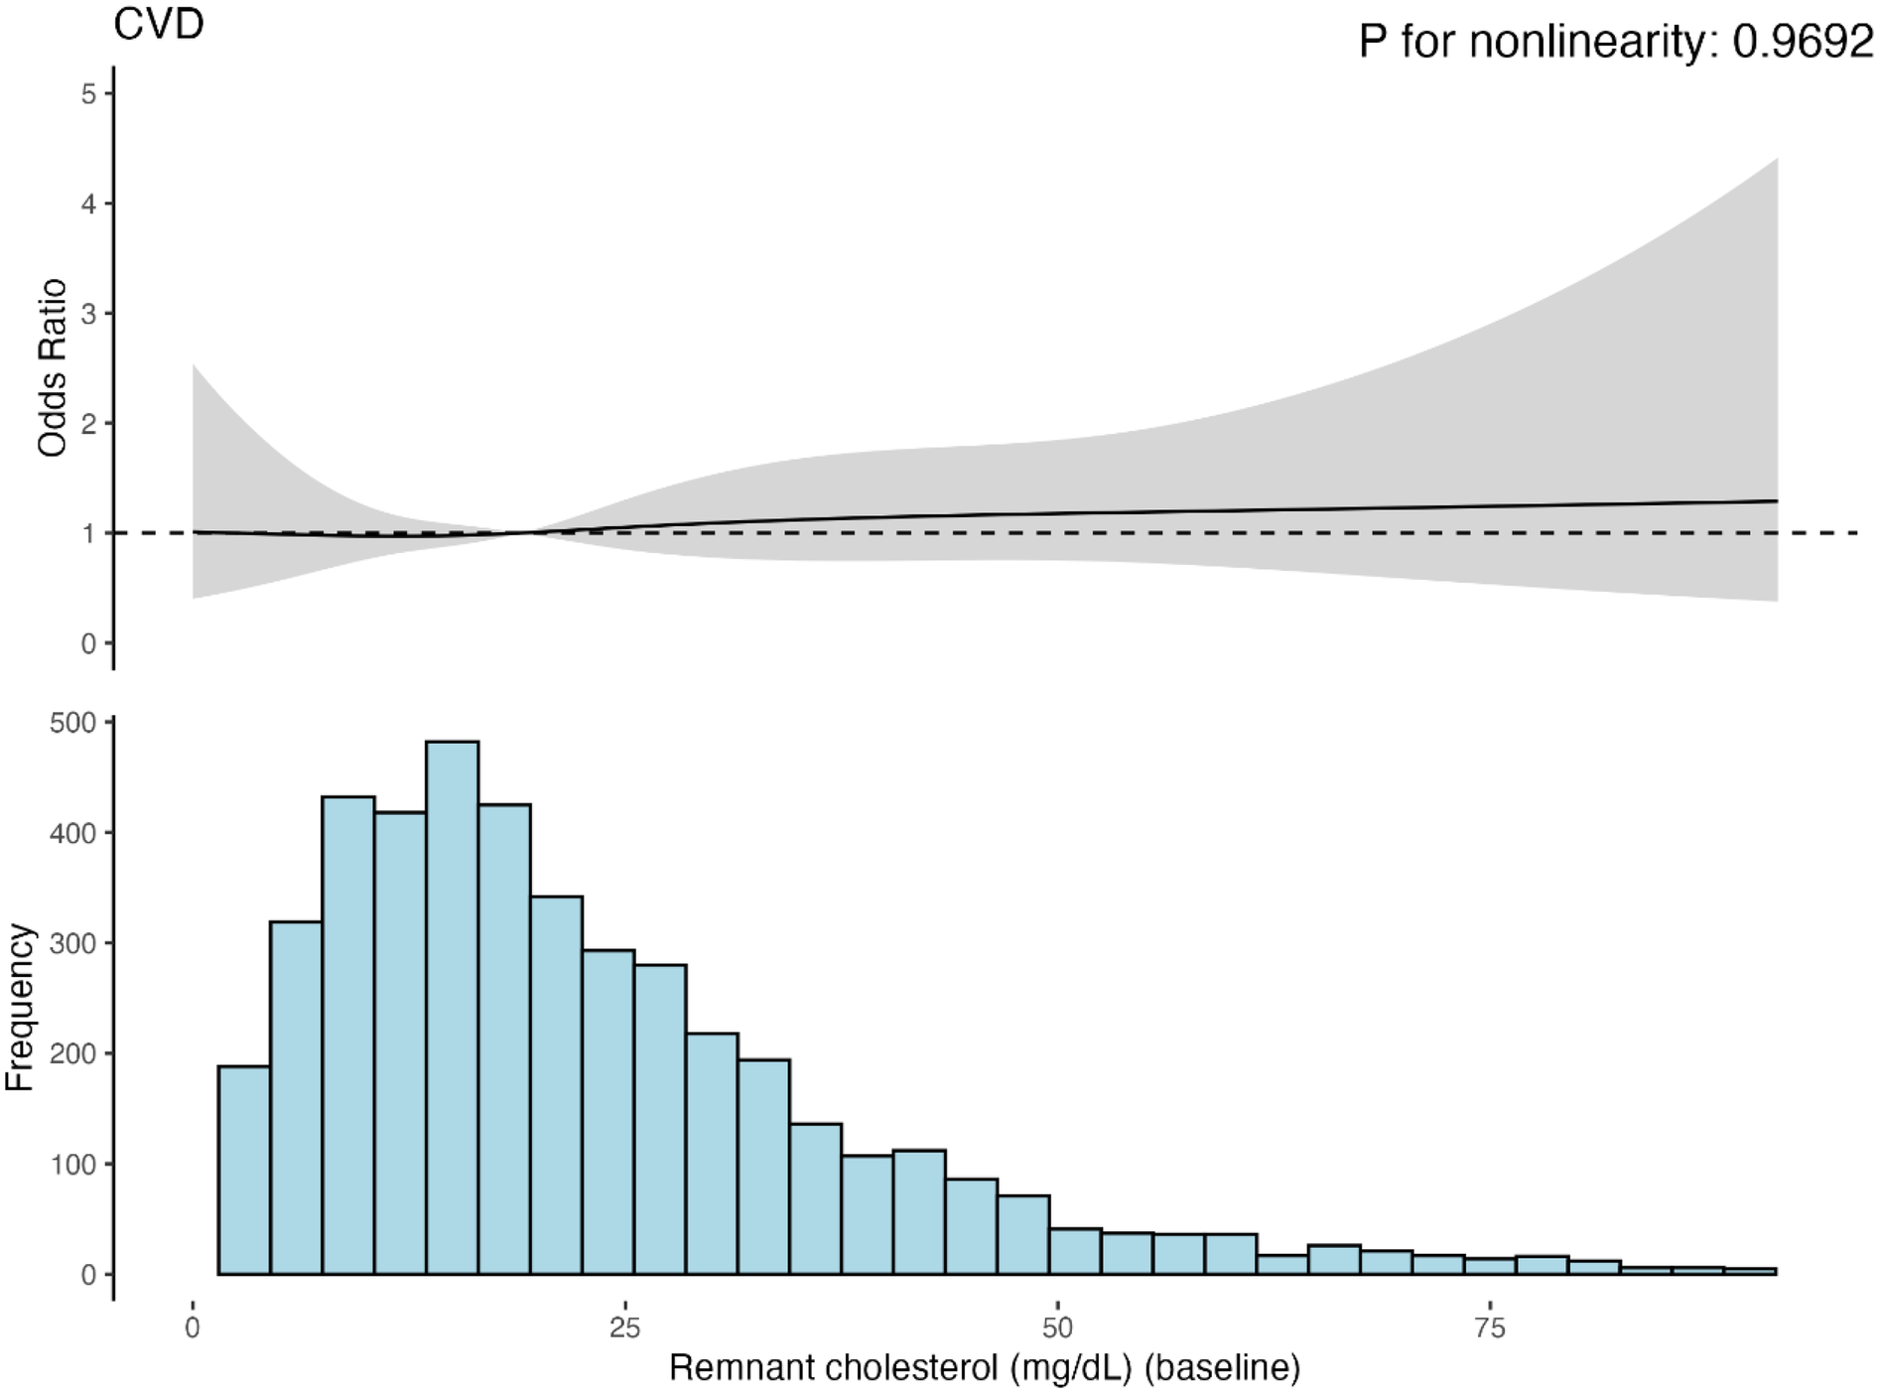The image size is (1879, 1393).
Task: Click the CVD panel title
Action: pyautogui.click(x=159, y=24)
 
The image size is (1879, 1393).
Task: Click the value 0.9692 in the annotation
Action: pyautogui.click(x=1803, y=43)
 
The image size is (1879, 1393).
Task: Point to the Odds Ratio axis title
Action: pyautogui.click(x=52, y=367)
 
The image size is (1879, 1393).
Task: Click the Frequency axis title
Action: pyautogui.click(x=20, y=1007)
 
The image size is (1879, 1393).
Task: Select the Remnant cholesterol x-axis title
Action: pyautogui.click(x=985, y=1367)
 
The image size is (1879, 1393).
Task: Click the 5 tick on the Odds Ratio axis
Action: pyautogui.click(x=89, y=94)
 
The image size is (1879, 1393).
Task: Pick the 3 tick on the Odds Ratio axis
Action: pyautogui.click(x=89, y=314)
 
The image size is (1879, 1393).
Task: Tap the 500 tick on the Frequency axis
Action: pyautogui.click(x=73, y=723)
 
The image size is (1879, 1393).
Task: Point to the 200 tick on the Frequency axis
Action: pyautogui.click(x=73, y=1053)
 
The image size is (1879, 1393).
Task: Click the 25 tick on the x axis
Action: pyautogui.click(x=625, y=1328)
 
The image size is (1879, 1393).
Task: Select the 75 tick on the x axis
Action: pyautogui.click(x=1491, y=1328)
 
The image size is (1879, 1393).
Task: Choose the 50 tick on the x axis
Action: pyautogui.click(x=1058, y=1328)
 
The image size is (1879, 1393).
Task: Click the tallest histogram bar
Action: pyautogui.click(x=452, y=1007)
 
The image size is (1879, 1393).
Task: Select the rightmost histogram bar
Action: pyautogui.click(x=1750, y=1271)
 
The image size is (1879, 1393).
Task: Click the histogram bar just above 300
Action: pyautogui.click(x=296, y=1097)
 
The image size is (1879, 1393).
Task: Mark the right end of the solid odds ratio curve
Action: pyautogui.click(x=1776, y=501)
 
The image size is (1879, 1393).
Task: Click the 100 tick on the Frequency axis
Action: pyautogui.click(x=73, y=1164)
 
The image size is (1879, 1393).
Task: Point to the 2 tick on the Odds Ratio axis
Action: pyautogui.click(x=89, y=424)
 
